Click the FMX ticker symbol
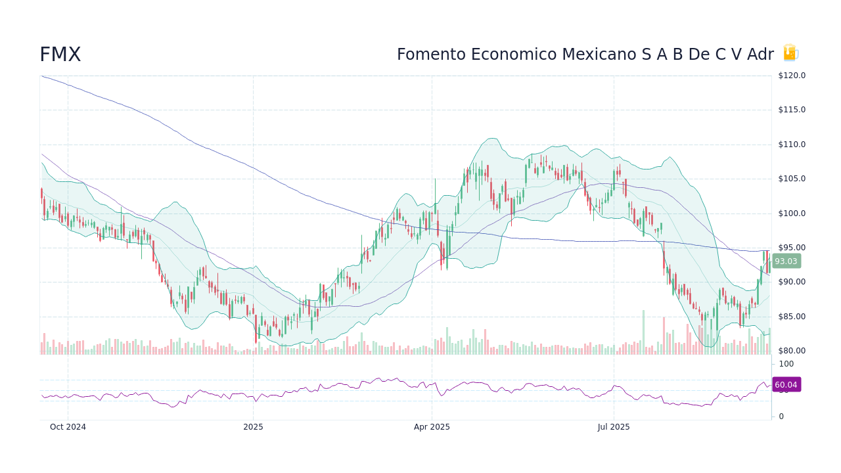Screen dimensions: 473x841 tap(60, 55)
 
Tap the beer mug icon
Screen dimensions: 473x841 tap(790, 53)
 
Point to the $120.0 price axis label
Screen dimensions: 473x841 tap(792, 76)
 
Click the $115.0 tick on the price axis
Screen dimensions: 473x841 tap(792, 110)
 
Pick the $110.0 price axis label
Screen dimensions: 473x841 tap(792, 145)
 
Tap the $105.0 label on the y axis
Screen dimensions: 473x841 tap(792, 179)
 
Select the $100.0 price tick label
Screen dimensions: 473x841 tap(792, 214)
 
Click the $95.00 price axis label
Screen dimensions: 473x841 tap(792, 248)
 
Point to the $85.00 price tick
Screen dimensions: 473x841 tap(792, 317)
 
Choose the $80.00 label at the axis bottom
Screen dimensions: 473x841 tap(792, 351)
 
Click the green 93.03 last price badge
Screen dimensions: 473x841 tap(786, 261)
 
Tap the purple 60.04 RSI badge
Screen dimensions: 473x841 tap(786, 385)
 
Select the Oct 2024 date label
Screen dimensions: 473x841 tap(68, 427)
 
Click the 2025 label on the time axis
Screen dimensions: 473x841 tap(253, 427)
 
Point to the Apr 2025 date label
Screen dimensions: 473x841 tap(432, 427)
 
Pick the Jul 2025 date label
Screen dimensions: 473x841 tap(614, 427)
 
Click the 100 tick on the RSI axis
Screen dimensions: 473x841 tap(786, 364)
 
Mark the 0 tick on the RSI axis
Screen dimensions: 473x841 tap(781, 417)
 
